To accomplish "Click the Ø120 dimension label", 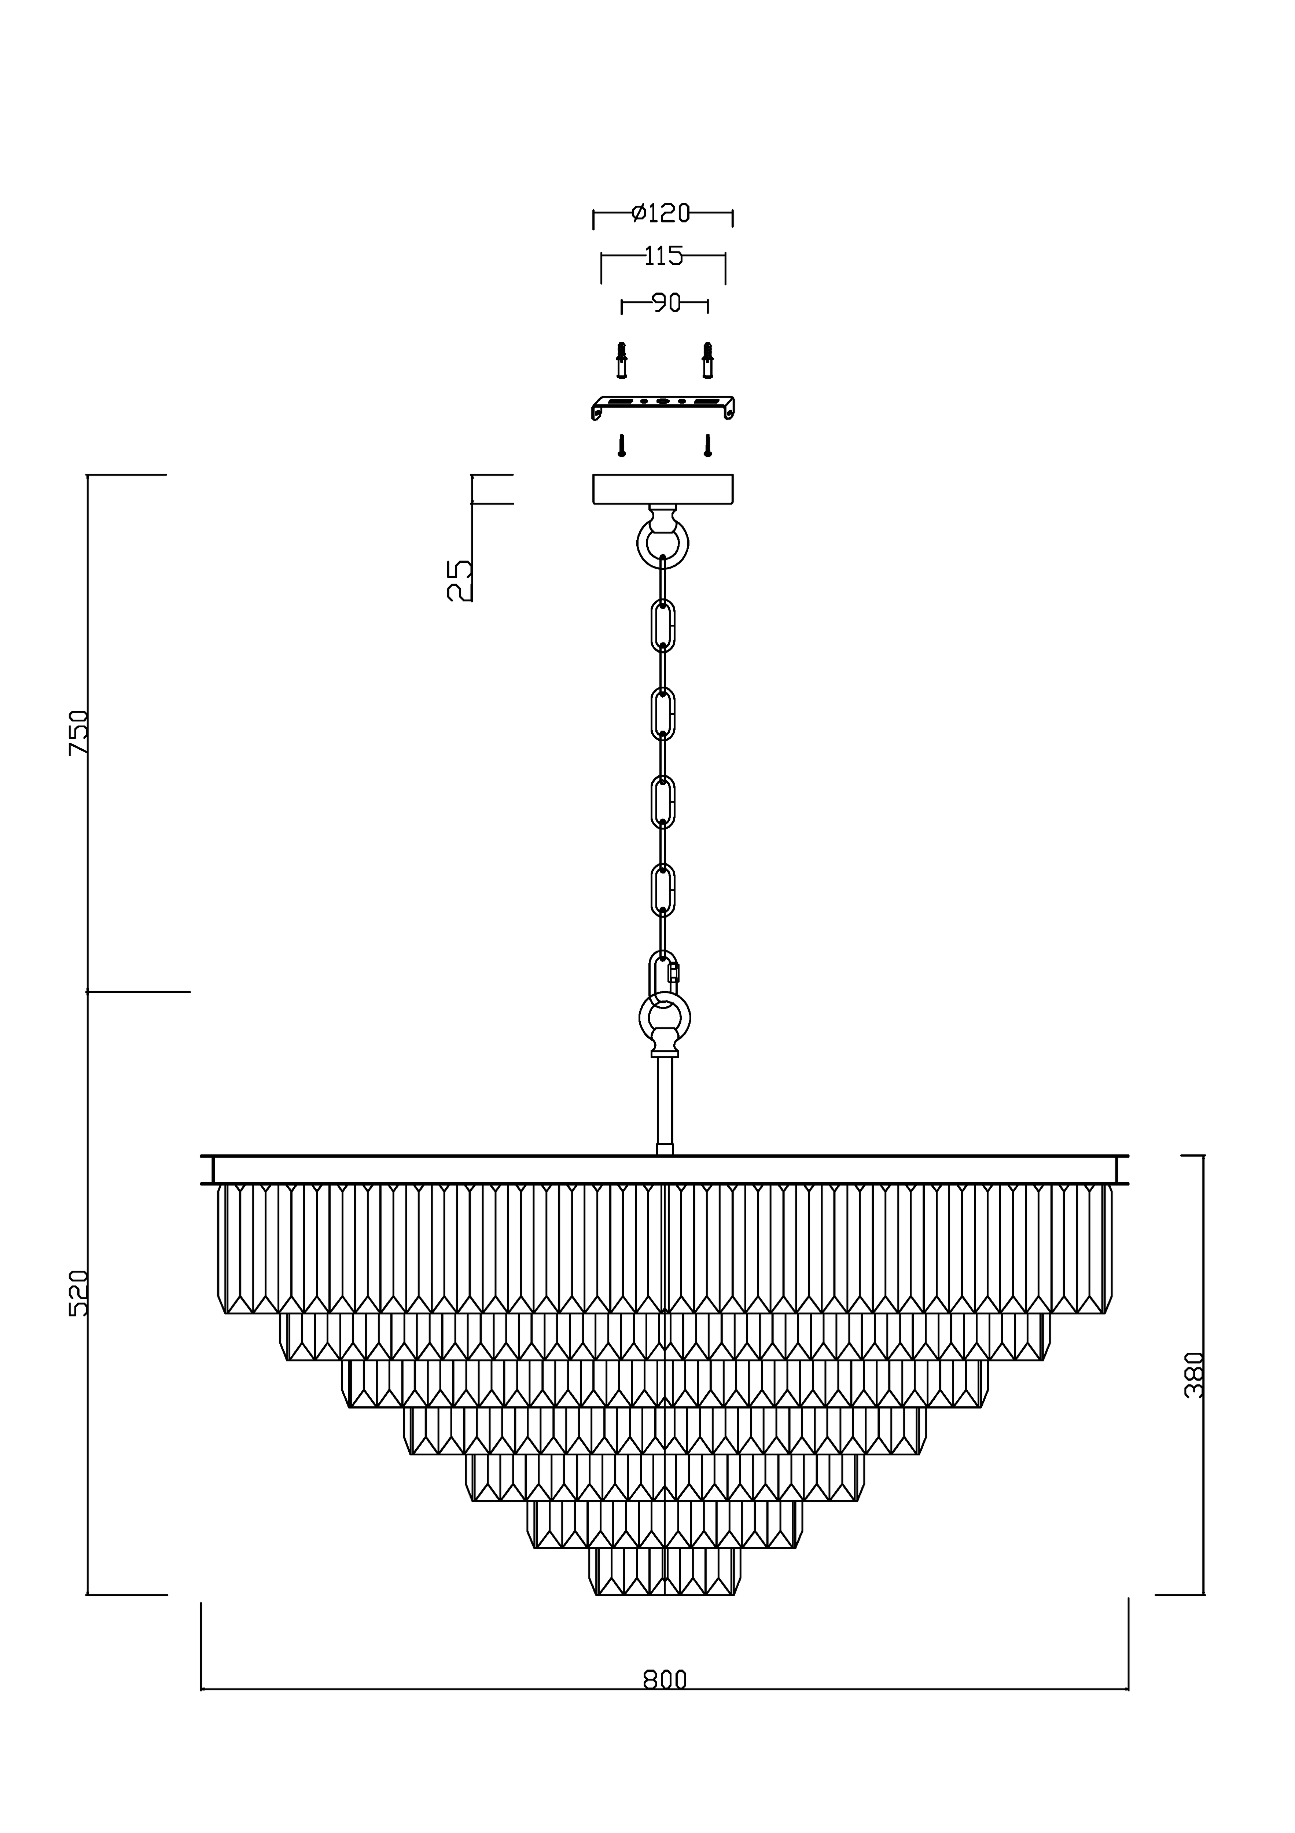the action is [x=660, y=213].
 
